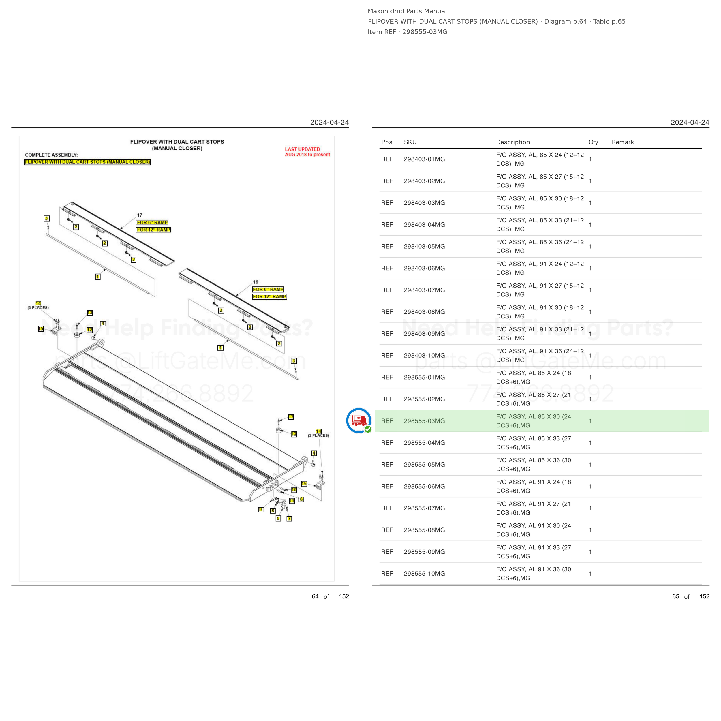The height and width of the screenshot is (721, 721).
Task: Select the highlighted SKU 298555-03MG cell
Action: point(424,421)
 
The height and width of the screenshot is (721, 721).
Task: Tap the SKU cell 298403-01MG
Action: point(424,159)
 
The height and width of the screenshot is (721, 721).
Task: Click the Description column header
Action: point(513,142)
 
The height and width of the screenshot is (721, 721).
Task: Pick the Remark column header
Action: point(622,142)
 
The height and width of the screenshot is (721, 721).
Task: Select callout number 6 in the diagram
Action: point(301,499)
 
